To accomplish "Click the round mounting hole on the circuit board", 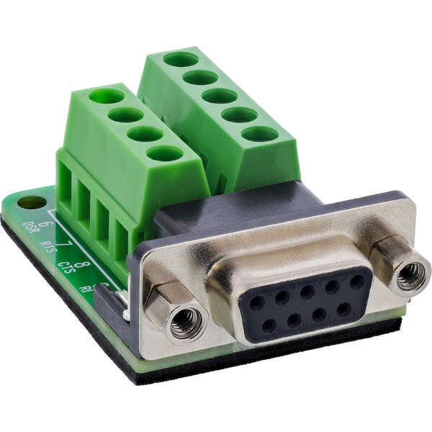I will coord(31,202).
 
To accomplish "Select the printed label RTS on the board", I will coord(49,247).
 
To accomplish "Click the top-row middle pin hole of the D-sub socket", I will coord(307,292).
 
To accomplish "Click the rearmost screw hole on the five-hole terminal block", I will coord(181,59).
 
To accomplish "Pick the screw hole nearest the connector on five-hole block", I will coord(260,134).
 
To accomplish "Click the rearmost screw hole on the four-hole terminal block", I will coord(107,96).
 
